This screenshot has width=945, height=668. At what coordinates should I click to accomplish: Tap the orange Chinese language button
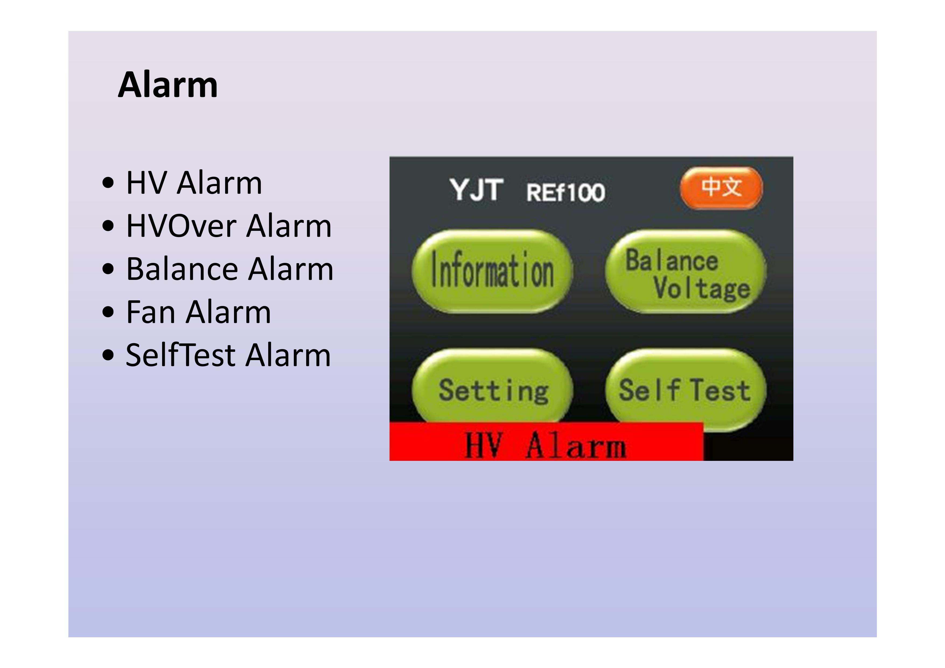(721, 188)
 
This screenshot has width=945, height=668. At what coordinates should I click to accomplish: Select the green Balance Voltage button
(686, 272)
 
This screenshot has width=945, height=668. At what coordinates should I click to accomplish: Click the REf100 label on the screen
(566, 192)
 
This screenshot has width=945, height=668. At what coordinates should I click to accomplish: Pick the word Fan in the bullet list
(150, 312)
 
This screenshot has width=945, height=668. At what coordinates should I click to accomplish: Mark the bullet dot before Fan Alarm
(108, 312)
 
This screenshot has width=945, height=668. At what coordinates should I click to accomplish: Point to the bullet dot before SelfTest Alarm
(108, 355)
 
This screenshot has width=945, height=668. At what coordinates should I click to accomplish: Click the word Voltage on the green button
(702, 288)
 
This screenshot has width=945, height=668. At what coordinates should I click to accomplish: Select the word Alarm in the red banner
(576, 445)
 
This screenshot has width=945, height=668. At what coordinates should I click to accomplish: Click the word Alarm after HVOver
(289, 226)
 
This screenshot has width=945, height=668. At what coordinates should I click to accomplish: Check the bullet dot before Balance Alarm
(108, 269)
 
